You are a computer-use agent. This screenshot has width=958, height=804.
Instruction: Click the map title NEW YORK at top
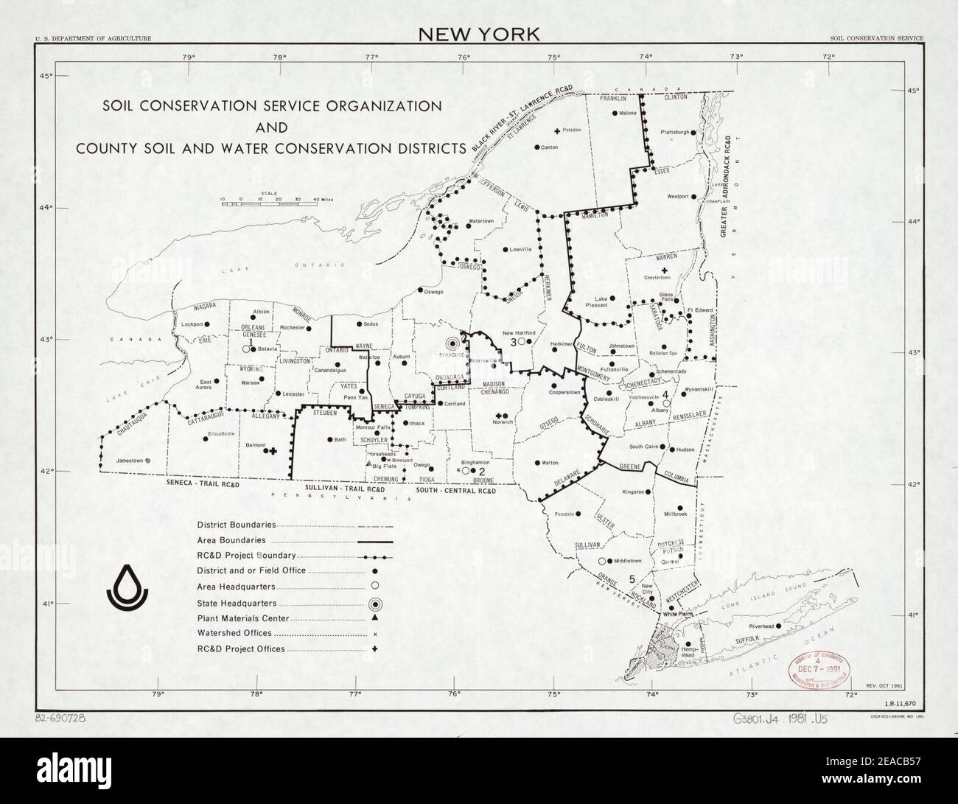click(479, 34)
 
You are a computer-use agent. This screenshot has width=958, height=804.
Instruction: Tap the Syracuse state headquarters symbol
click(454, 343)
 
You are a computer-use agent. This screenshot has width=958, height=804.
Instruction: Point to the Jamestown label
click(129, 461)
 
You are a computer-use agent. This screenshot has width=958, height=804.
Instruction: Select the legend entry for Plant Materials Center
click(243, 618)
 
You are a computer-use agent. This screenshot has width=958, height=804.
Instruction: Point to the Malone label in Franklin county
click(627, 113)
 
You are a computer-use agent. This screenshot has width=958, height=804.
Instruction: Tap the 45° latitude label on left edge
click(45, 76)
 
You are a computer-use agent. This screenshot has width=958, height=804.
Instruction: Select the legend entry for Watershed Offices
click(234, 633)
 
